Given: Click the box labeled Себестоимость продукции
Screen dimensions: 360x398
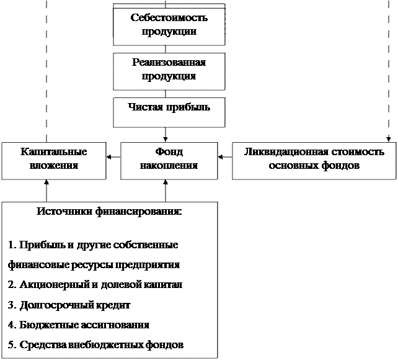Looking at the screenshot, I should pyautogui.click(x=169, y=25).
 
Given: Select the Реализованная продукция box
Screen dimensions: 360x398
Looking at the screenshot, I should pyautogui.click(x=169, y=71).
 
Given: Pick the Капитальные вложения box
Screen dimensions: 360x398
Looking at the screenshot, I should pyautogui.click(x=53, y=160).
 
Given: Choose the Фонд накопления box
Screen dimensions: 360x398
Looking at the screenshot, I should pyautogui.click(x=169, y=160).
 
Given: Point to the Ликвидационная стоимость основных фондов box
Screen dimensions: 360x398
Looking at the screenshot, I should pyautogui.click(x=314, y=160).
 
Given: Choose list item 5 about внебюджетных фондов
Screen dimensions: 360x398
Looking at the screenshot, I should pyautogui.click(x=97, y=345).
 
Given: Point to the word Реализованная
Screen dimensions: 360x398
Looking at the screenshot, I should pyautogui.click(x=169, y=63).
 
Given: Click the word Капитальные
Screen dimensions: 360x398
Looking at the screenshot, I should pyautogui.click(x=53, y=152).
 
